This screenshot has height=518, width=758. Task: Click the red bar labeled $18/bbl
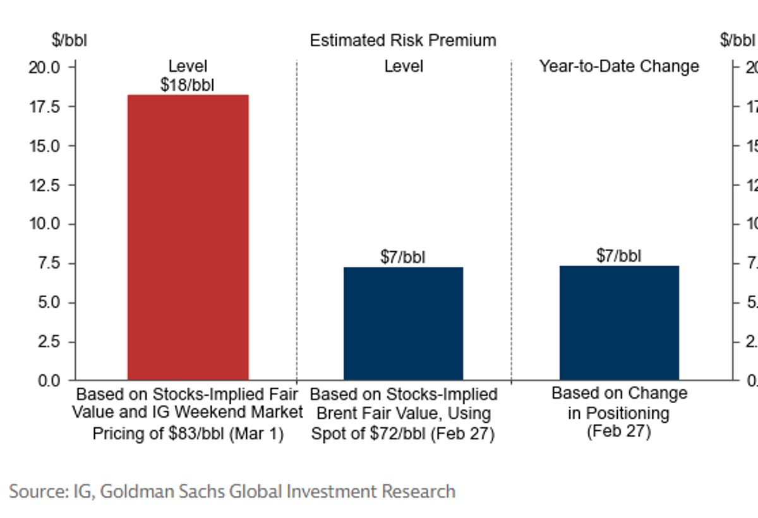coord(188,237)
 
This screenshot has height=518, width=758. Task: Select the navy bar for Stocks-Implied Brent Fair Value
coord(403,324)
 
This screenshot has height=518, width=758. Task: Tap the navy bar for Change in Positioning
coord(619,323)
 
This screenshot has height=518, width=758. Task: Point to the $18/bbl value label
coord(188,85)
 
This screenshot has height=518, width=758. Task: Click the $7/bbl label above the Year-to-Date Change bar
coord(618,256)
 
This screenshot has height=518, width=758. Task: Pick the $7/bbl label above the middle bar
coord(403,257)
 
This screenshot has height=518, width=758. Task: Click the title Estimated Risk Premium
coord(402,40)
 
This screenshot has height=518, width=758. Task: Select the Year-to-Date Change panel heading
coord(618,66)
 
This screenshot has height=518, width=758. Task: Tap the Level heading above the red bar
coord(188,66)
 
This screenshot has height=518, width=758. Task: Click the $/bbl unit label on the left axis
coord(69,40)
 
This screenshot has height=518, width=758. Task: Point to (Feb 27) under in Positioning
coord(618,433)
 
